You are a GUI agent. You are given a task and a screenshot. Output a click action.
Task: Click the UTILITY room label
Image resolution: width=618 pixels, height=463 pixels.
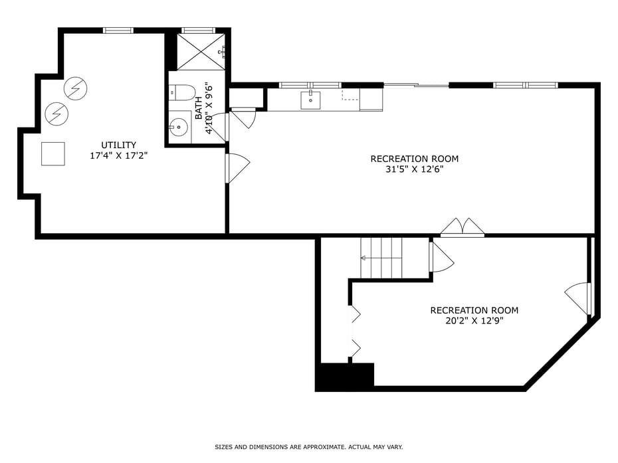coord(118,145)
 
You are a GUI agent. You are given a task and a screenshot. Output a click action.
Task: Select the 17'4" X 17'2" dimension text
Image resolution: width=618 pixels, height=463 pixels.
coord(118,156)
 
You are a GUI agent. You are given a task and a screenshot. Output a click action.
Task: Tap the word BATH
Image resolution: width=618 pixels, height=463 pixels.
coord(199,106)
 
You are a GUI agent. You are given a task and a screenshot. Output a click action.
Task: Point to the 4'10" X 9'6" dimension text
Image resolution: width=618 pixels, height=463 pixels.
coord(209,108)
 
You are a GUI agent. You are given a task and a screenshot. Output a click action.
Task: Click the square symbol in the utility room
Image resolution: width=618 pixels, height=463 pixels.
coord(53,153)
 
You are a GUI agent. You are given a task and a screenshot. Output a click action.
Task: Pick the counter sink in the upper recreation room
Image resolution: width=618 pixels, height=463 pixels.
coord(310,100)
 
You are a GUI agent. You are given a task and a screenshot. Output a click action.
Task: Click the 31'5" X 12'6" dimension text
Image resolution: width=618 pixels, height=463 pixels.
coord(414,169)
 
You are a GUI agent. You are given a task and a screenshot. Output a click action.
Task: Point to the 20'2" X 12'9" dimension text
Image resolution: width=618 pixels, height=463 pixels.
coord(474,321)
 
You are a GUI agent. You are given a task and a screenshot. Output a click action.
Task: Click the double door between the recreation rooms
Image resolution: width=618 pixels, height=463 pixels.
coord(463,227)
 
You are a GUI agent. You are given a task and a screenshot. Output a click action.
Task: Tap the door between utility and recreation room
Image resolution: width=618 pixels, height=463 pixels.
coord(237,168)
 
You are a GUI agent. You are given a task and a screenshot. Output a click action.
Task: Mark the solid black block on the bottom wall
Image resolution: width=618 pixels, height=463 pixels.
coord(346,376)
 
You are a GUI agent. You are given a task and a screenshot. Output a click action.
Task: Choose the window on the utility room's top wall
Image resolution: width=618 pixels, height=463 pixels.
coord(118,30)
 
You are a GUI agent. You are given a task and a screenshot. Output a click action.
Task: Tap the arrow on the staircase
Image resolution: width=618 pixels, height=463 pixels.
coord(365,258)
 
